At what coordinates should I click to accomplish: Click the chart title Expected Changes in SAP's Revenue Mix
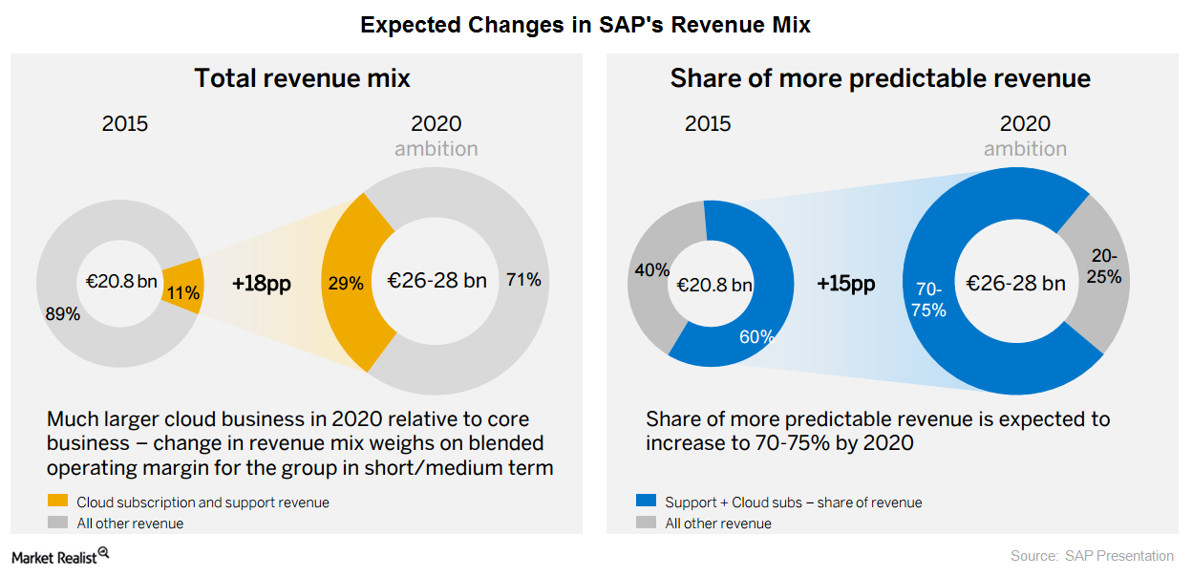pos(585,26)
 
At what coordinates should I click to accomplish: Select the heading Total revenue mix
pos(302,78)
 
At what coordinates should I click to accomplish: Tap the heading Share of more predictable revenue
pos(880,78)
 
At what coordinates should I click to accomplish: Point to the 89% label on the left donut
pos(62,312)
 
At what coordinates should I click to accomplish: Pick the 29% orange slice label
pos(346,283)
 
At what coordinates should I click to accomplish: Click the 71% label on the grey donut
pos(523,280)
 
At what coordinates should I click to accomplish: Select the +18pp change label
pos(261,283)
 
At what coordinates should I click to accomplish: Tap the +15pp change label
pos(845,284)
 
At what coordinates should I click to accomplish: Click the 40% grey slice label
pos(651,270)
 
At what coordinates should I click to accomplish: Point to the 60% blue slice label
pos(756,336)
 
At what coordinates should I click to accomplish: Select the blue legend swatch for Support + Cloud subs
pos(646,502)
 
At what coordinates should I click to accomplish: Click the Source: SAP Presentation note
pos(1092,556)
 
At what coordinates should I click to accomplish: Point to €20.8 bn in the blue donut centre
pos(713,284)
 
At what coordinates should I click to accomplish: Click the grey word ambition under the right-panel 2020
pos(1025,149)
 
